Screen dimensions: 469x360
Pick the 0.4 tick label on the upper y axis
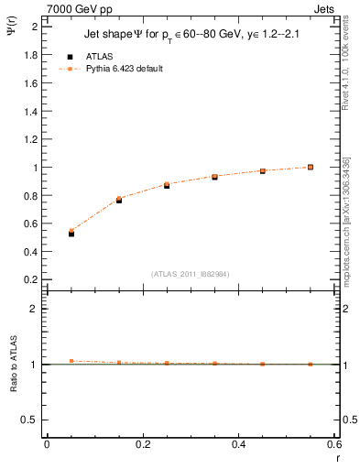(x=31, y=252)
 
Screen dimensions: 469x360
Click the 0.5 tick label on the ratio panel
(x=31, y=420)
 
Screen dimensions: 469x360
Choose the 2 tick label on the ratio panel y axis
(x=35, y=309)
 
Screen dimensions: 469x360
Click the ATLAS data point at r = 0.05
(x=71, y=234)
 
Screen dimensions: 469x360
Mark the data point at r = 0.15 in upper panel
(x=119, y=200)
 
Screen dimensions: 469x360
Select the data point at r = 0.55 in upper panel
(x=311, y=167)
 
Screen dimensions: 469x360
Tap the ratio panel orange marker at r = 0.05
(x=71, y=361)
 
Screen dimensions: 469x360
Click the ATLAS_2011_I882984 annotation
(x=190, y=273)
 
